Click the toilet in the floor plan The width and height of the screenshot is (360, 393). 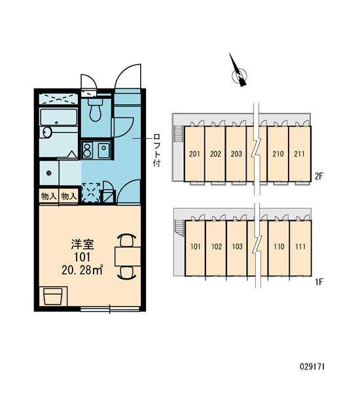95,110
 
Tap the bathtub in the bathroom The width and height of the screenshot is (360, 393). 59,117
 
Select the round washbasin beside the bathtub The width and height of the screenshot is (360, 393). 47,132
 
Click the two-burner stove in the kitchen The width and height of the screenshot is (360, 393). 87,150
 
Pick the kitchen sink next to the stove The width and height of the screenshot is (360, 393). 103,150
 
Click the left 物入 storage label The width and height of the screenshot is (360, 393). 49,196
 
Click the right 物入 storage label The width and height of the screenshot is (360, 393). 69,196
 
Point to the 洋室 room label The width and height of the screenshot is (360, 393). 82,245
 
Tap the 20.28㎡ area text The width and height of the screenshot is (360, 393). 82,270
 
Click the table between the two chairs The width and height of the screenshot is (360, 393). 128,256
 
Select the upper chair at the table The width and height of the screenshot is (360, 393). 127,240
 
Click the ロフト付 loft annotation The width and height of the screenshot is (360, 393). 157,151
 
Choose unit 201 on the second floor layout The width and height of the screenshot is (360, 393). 194,154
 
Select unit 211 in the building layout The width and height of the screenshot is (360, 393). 299,154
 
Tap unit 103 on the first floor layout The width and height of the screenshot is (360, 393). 237,247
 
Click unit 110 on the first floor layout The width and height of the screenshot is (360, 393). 279,247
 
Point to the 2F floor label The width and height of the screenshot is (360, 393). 319,176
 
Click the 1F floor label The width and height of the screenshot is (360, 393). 319,282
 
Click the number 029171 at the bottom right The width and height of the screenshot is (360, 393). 312,367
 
